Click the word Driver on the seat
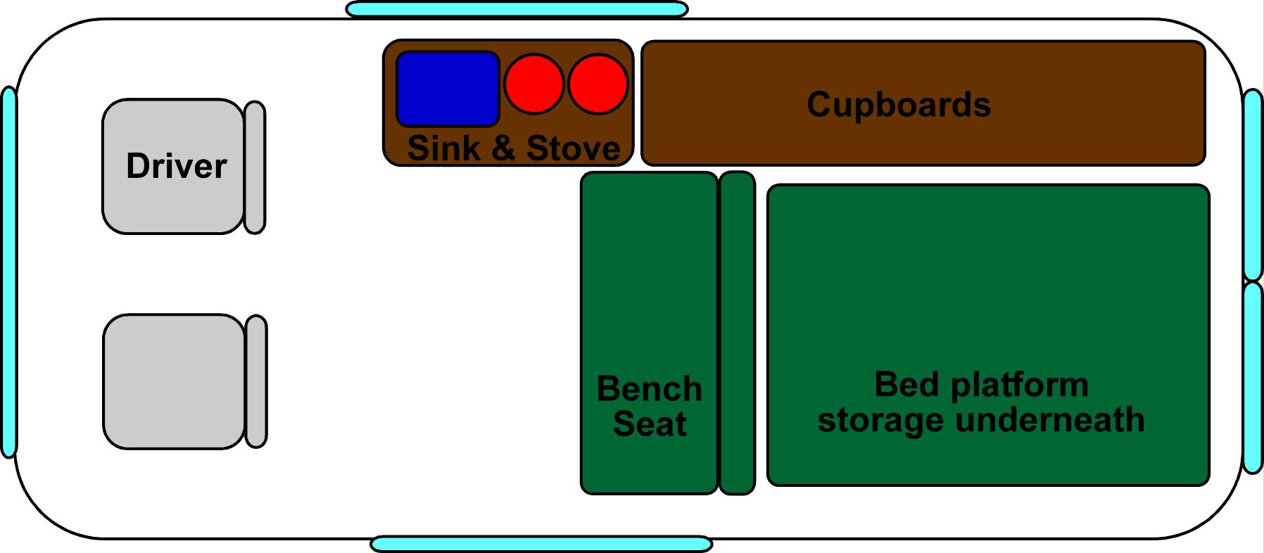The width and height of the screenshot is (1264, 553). (176, 166)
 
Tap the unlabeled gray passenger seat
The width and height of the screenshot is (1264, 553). (174, 381)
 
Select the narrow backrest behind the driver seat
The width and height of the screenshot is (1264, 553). (255, 167)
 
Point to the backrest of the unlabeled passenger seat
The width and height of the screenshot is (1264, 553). (256, 381)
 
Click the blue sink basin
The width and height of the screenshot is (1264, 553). (448, 89)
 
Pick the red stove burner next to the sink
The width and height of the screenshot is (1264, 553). (534, 84)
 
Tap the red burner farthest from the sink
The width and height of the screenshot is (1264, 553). (598, 84)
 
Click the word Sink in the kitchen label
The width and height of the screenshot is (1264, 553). (443, 148)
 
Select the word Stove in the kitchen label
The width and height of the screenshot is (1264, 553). (574, 148)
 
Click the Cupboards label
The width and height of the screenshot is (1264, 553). (899, 105)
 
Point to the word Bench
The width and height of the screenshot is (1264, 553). (649, 389)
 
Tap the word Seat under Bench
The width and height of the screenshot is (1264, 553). (650, 424)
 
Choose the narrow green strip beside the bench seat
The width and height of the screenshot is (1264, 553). (737, 333)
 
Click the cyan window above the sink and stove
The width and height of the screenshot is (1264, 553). (517, 9)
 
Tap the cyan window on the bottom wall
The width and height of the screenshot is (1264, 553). (541, 544)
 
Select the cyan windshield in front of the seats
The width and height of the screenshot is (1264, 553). (8, 272)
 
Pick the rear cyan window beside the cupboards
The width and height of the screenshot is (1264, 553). (1253, 184)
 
